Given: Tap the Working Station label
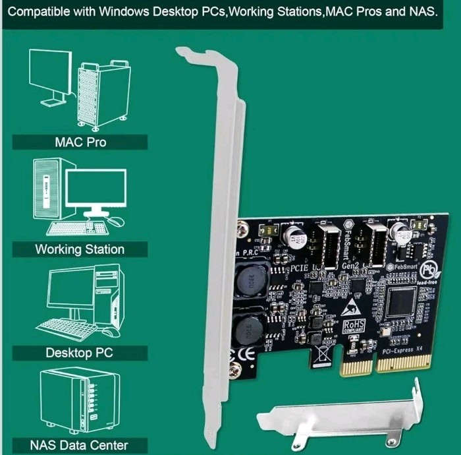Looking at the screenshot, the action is [x=80, y=249].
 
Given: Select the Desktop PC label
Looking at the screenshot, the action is [x=80, y=352].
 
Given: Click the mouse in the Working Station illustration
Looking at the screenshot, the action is [x=117, y=222].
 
